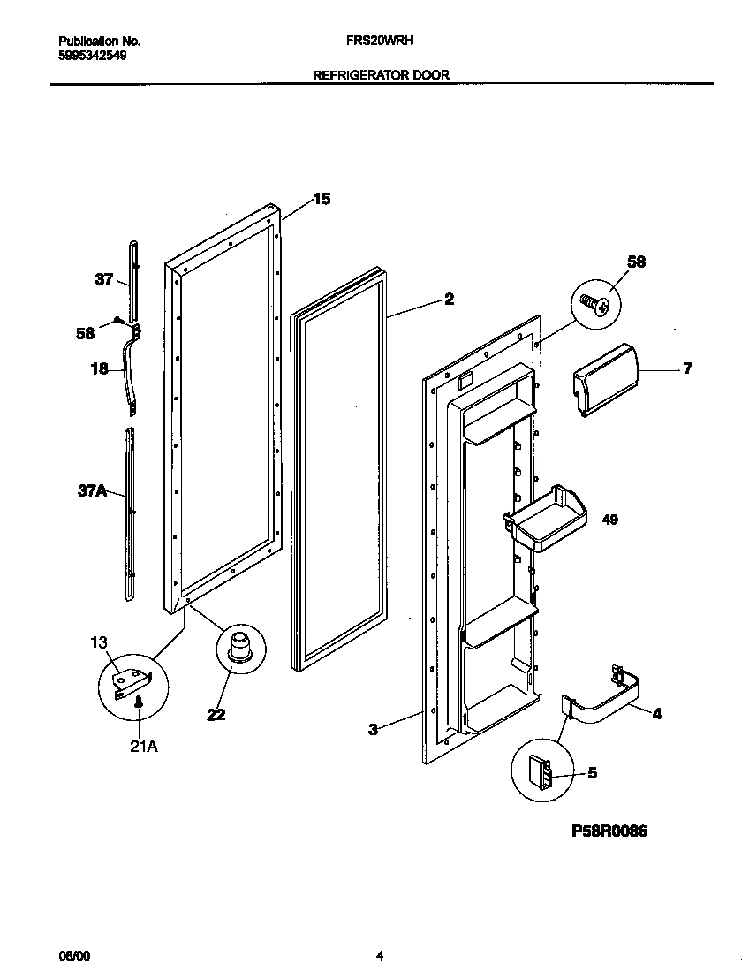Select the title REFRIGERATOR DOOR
point(381,75)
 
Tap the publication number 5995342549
point(92,54)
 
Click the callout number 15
point(322,200)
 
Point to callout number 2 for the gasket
point(449,300)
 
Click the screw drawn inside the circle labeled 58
point(596,305)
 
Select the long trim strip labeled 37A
point(132,513)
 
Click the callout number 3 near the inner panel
point(373,729)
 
